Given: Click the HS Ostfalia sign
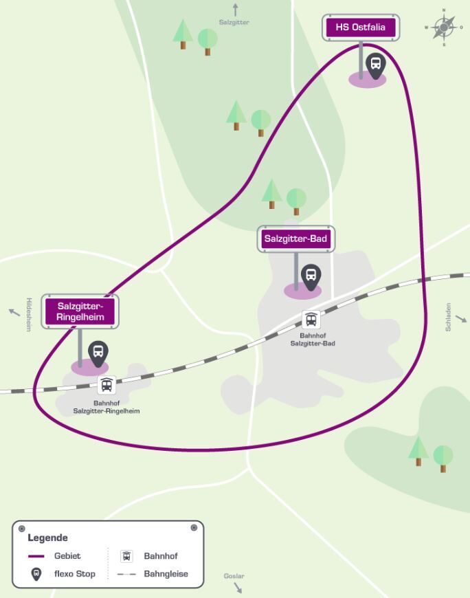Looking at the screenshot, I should click(361, 28).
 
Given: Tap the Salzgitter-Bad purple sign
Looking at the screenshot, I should click(296, 239).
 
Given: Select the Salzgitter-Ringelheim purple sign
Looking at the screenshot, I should click(80, 311).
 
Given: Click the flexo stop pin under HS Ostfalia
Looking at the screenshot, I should click(375, 65).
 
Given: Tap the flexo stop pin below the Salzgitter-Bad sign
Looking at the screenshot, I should click(311, 276).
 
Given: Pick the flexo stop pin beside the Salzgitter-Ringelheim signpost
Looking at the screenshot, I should click(98, 353).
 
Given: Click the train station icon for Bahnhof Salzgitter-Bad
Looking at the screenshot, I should click(311, 320).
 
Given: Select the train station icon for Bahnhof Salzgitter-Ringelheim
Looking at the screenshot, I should click(107, 385).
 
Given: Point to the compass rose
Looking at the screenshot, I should click(444, 27).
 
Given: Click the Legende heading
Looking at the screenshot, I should click(48, 538).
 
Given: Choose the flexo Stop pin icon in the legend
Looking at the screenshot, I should click(36, 574).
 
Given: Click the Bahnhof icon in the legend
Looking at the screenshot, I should click(126, 556).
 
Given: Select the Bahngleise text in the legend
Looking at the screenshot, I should click(166, 574).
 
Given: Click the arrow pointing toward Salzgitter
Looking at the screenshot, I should click(235, 10).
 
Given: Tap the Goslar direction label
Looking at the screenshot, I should click(234, 576).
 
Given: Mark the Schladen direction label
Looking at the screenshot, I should click(449, 318).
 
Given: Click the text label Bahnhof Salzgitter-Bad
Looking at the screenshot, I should click(313, 339).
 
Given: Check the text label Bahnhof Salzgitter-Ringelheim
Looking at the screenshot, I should click(107, 407).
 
